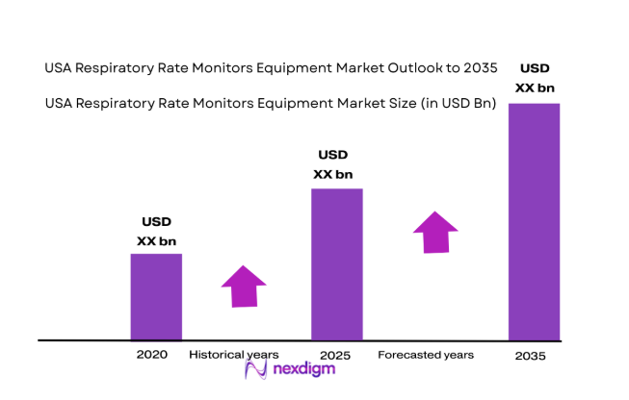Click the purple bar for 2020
pyautogui.click(x=156, y=296)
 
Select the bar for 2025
pyautogui.click(x=335, y=263)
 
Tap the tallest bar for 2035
pyautogui.click(x=534, y=221)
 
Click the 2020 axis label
pyautogui.click(x=152, y=355)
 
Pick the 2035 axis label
pyautogui.click(x=530, y=356)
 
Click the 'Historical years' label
pyautogui.click(x=234, y=355)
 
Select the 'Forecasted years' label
pyautogui.click(x=425, y=355)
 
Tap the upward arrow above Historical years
pyautogui.click(x=243, y=286)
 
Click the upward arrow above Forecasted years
pyautogui.click(x=435, y=232)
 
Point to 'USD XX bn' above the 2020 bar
pyautogui.click(x=156, y=232)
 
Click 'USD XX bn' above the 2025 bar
pyautogui.click(x=333, y=164)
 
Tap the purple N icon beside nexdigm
pyautogui.click(x=255, y=371)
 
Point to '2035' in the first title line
pyautogui.click(x=479, y=67)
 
